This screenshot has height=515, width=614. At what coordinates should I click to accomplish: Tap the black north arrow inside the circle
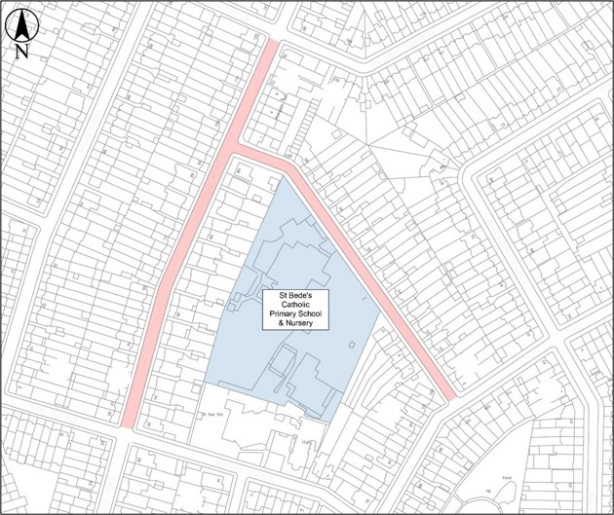point(21,23)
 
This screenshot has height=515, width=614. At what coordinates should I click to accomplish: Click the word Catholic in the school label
point(293,306)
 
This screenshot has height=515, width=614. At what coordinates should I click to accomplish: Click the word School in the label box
point(312,315)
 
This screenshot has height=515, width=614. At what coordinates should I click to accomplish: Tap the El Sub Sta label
point(213,412)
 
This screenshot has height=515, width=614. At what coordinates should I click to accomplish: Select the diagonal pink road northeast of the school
point(370,282)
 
